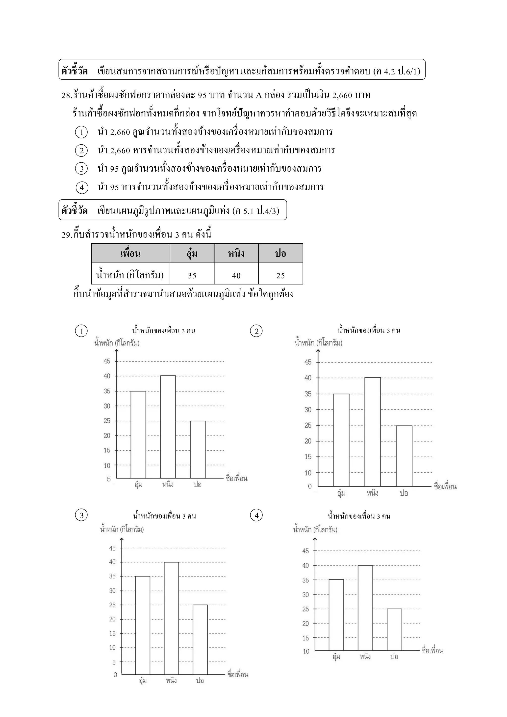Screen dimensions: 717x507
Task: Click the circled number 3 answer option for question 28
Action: tap(81, 169)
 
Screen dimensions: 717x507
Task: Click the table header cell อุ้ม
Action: tap(192, 253)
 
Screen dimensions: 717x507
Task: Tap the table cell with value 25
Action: tap(280, 275)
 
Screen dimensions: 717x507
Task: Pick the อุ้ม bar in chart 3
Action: tap(143, 625)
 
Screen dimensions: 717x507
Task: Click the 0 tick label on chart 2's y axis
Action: tap(310, 486)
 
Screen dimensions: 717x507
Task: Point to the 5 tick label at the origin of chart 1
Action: tap(109, 479)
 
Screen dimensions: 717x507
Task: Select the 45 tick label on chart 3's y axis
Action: tap(112, 548)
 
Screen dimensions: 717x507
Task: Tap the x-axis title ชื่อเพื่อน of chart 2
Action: tap(445, 487)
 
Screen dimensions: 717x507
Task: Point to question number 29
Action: tap(67, 234)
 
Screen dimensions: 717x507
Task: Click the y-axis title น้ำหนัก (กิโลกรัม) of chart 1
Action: tap(117, 343)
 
